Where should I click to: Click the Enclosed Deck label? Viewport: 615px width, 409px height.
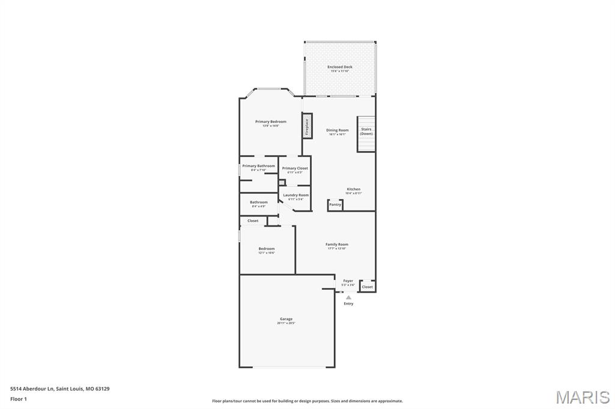point(340,67)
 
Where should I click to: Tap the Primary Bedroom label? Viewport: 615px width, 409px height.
point(271,122)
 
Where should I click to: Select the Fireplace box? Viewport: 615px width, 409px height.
point(306,127)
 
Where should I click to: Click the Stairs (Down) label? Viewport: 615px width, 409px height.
point(366,131)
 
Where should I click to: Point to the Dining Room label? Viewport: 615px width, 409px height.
point(337,130)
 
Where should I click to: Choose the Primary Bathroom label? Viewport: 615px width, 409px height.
point(259,166)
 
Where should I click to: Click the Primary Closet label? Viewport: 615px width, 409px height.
point(295,169)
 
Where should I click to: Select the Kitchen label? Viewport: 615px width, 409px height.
point(354,190)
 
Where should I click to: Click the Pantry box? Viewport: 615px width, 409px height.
point(335,205)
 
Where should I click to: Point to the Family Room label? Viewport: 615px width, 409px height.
point(337,245)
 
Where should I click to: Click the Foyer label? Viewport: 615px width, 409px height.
point(348,281)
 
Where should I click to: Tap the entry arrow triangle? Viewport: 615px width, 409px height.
point(348,297)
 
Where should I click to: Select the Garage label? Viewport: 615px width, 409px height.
point(286,319)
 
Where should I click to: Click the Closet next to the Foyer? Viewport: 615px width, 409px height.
point(367,287)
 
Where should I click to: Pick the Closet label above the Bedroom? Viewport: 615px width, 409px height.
point(253,221)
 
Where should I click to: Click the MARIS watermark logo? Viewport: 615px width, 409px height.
point(583,397)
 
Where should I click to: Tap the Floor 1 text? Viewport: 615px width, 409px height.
point(19,399)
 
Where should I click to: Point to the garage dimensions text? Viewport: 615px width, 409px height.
point(286,323)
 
